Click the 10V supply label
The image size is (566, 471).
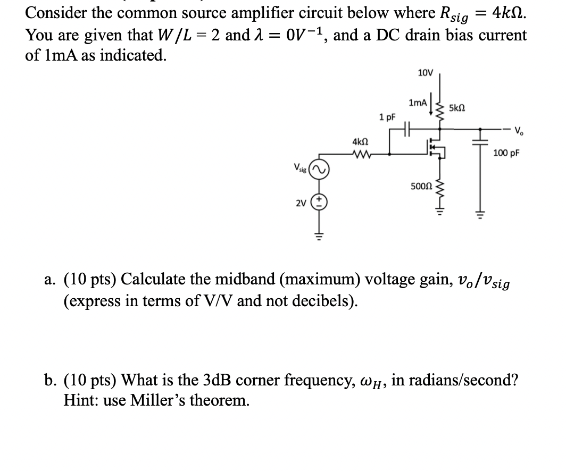click(x=426, y=72)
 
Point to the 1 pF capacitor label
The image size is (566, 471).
click(x=386, y=116)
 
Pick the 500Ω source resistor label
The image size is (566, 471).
click(x=421, y=187)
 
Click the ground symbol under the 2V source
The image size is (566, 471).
click(x=321, y=233)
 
